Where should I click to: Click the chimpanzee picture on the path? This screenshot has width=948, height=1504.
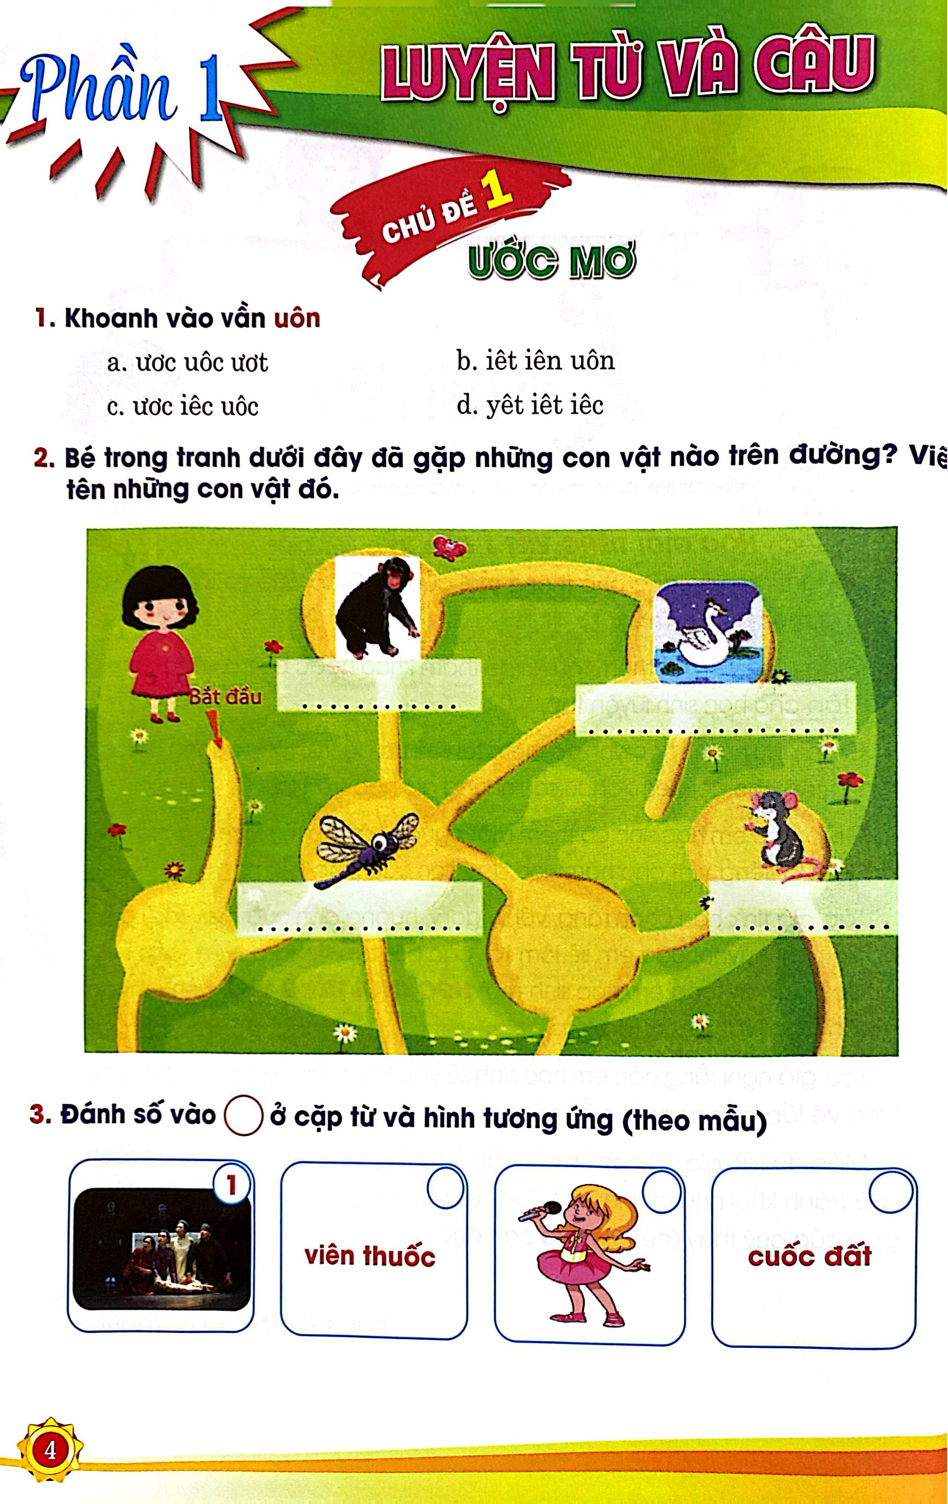[377, 607]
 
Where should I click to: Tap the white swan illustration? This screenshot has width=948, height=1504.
[708, 633]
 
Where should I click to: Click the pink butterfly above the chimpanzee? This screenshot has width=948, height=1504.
[449, 547]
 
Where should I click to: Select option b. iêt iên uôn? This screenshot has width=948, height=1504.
[535, 361]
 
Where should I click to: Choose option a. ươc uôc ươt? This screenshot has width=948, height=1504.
[188, 363]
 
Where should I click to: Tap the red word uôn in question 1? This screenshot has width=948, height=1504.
[297, 318]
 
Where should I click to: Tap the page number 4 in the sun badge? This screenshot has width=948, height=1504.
[50, 1450]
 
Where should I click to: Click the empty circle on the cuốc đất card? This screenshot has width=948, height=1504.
[890, 1191]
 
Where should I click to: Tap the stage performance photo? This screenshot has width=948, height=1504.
[161, 1249]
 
